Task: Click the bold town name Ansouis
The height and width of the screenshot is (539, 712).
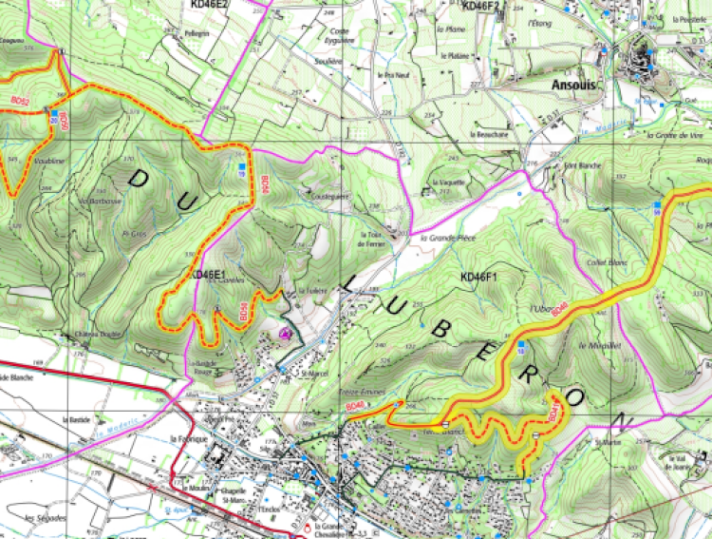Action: point(572,83)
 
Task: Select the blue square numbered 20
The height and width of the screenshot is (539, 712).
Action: point(241,168)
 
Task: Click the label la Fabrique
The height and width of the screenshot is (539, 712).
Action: point(187,438)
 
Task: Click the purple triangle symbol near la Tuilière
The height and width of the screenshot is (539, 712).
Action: point(286,333)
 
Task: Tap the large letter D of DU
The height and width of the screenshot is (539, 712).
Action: point(138,179)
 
